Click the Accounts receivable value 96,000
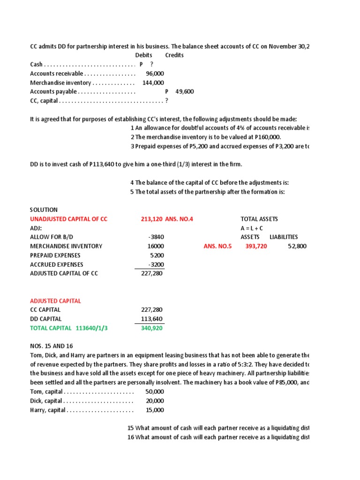pyautogui.click(x=155, y=74)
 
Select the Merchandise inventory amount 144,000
pyautogui.click(x=153, y=82)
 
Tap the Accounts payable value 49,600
pyautogui.click(x=184, y=92)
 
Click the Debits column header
pyautogui.click(x=143, y=55)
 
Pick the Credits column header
pyautogui.click(x=174, y=55)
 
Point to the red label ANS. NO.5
pyautogui.click(x=217, y=246)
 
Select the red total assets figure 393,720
pyautogui.click(x=256, y=246)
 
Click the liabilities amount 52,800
pyautogui.click(x=297, y=246)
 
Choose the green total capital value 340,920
pyautogui.click(x=152, y=328)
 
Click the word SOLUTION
pyautogui.click(x=44, y=210)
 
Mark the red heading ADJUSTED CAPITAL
pyautogui.click(x=55, y=301)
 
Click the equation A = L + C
pyautogui.click(x=251, y=228)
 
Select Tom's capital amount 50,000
pyautogui.click(x=155, y=391)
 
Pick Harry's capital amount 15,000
pyautogui.click(x=155, y=410)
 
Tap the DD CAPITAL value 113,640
pyautogui.click(x=152, y=319)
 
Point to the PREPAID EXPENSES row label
pyautogui.click(x=55, y=255)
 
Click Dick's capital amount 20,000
pyautogui.click(x=155, y=401)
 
